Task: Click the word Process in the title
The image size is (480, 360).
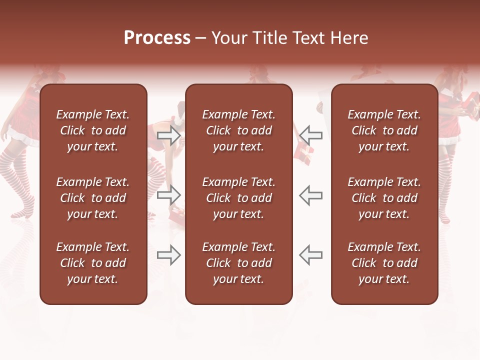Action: (157, 38)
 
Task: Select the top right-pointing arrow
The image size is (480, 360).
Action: (169, 135)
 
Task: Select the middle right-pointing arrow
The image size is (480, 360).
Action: (169, 195)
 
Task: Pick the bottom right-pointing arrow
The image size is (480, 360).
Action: (169, 255)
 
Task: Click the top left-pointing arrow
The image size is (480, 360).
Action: (310, 135)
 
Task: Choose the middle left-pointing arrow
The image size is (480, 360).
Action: (310, 195)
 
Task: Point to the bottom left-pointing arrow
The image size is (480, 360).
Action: (310, 255)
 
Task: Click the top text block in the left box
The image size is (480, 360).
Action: (93, 130)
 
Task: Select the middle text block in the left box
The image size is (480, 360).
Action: (93, 198)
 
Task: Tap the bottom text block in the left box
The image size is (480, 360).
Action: (93, 263)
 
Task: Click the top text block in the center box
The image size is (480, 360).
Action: (238, 130)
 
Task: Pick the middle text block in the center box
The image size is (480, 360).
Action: (238, 198)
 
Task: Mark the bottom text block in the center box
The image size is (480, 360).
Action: (238, 263)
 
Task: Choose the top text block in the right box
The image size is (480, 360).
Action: (384, 130)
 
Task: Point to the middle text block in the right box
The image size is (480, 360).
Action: (384, 198)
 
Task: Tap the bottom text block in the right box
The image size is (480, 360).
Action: (384, 263)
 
